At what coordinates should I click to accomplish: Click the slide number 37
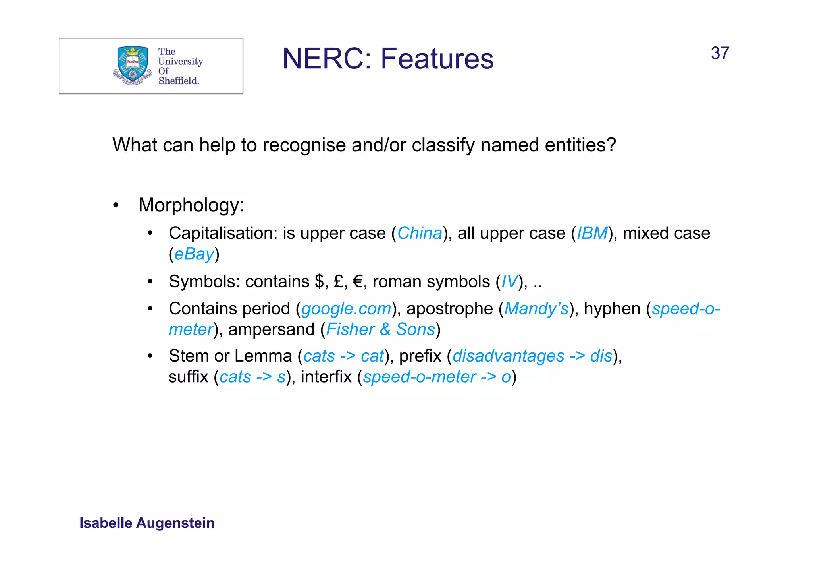tap(720, 53)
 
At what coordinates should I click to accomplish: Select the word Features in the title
tap(437, 59)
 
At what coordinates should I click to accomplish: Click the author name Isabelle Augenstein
tap(147, 523)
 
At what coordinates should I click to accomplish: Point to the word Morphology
tap(191, 205)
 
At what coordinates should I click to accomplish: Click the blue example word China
tap(420, 233)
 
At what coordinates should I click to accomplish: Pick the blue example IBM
tap(592, 233)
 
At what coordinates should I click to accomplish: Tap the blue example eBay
tap(194, 254)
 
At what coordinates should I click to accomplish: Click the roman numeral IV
tap(509, 282)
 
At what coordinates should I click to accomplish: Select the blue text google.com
tap(346, 309)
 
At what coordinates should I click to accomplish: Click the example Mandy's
tap(536, 309)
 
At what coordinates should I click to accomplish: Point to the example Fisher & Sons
tap(380, 329)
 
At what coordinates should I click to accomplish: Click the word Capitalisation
tap(223, 233)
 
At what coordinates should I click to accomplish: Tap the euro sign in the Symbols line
tap(358, 282)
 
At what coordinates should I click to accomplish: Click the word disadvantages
tap(508, 356)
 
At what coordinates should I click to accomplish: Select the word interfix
tap(326, 377)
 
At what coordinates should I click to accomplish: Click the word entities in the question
tap(580, 145)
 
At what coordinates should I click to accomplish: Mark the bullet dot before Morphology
tap(116, 205)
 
